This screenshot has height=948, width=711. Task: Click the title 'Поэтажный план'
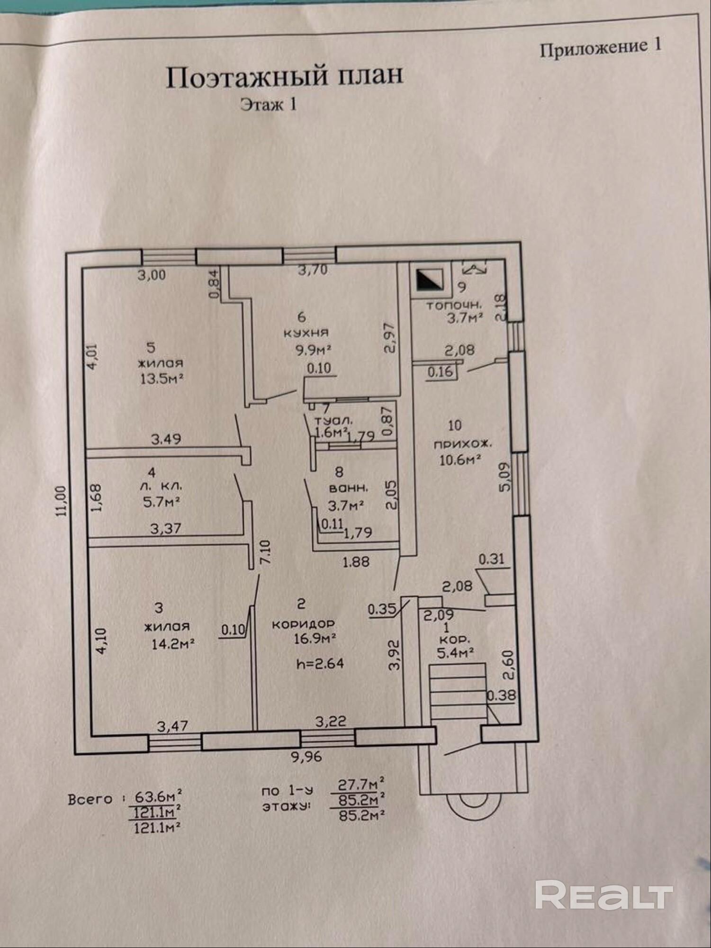point(284,77)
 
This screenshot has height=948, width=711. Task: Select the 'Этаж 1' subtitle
point(268,104)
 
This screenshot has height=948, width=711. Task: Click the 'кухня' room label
point(306,333)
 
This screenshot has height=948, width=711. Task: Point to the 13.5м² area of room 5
point(162,379)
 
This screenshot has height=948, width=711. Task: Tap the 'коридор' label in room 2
point(303,624)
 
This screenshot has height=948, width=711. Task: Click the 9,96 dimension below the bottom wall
point(306,757)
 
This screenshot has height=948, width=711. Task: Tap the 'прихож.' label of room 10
point(463,444)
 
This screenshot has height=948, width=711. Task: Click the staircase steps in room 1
point(458,694)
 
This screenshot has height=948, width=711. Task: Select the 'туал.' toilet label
point(334,420)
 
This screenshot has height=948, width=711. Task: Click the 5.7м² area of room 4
point(161,502)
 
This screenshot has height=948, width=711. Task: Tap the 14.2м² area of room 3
point(173,644)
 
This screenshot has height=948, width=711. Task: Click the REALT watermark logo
point(604,894)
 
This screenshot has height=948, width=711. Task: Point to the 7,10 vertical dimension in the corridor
point(266,552)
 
